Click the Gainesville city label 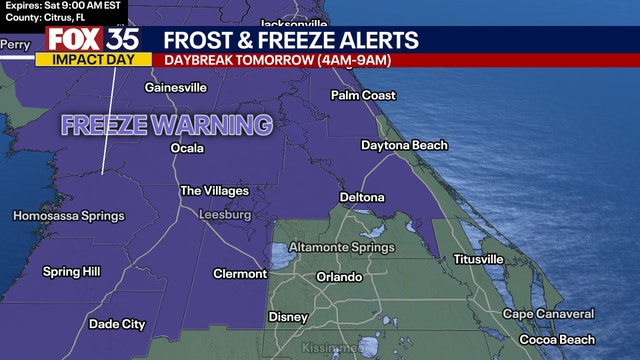pos(175,88)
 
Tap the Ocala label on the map pos(187,148)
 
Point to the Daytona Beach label pos(404,146)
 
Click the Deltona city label pos(362,197)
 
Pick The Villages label pos(213,190)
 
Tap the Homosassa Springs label pos(69,216)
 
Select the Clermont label pos(240,274)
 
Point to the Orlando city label pos(339,277)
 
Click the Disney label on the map pos(287,317)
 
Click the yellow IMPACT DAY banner pos(93,59)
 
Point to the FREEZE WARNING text pos(166,125)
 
